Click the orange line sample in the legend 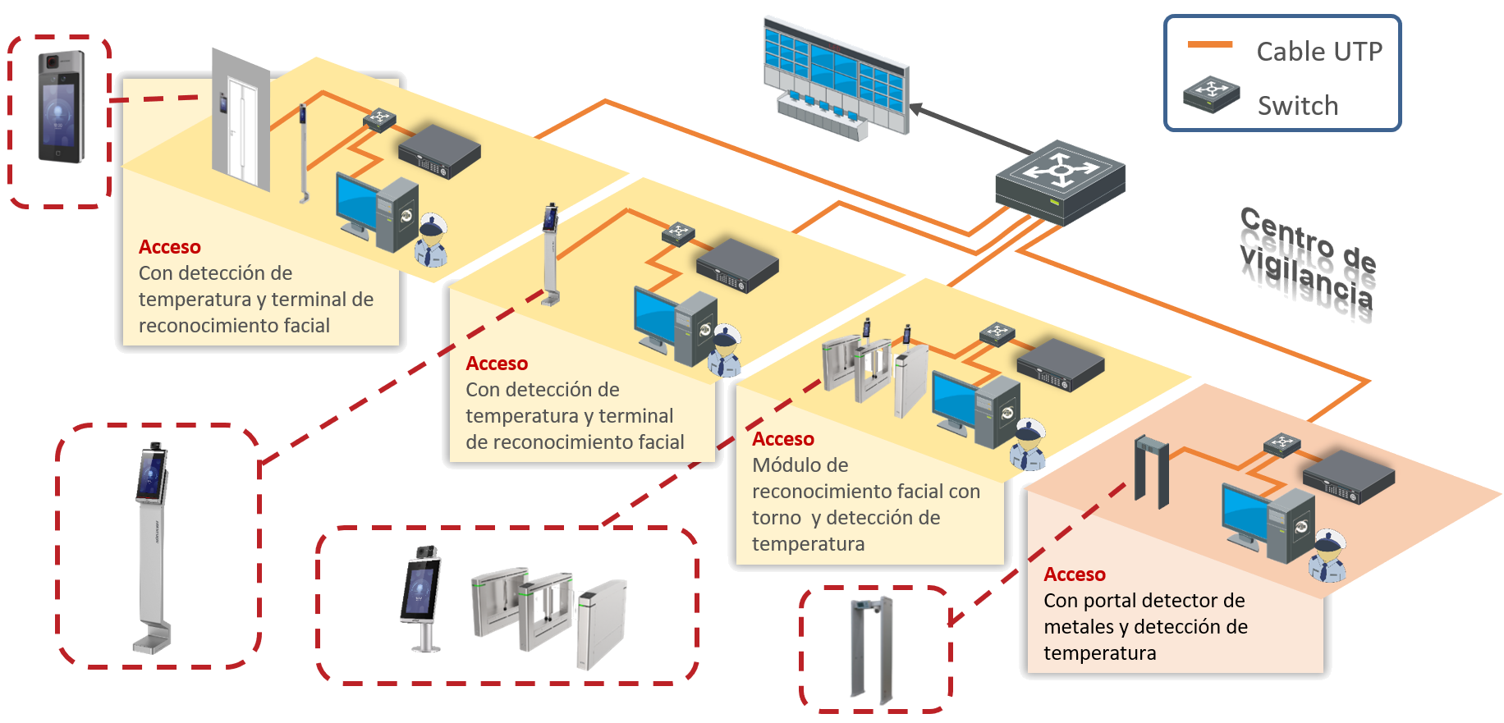[1209, 45]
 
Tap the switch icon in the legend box [1211, 94]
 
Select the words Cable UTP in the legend [1319, 52]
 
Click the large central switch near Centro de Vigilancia [1060, 182]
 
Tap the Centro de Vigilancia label [1307, 257]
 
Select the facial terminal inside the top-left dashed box [61, 107]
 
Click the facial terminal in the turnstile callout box [421, 596]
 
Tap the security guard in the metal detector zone [1327, 557]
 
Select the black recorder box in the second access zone [736, 265]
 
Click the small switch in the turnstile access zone [997, 333]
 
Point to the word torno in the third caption [776, 518]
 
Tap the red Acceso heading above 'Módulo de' [783, 439]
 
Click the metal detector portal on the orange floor [1152, 472]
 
